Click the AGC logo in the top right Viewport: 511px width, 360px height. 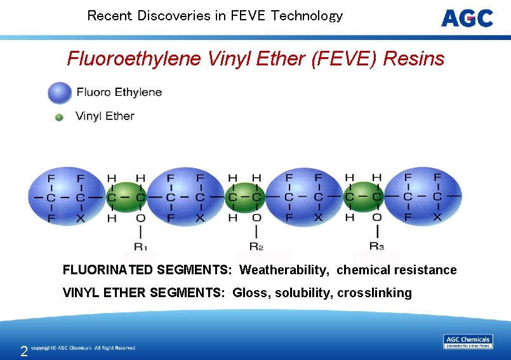467,18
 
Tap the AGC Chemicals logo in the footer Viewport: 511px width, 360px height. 468,342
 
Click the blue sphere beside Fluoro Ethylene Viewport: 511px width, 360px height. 60,93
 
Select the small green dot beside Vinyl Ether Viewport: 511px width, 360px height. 59,117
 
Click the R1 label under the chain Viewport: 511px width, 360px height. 140,246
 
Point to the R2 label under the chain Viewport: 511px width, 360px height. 256,246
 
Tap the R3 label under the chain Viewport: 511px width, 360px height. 376,246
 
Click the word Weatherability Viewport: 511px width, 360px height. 284,270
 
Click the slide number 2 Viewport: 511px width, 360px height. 23,351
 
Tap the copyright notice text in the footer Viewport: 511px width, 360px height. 83,348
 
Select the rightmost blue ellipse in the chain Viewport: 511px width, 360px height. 423,197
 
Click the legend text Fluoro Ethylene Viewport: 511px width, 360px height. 119,93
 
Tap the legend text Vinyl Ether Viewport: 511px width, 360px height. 105,116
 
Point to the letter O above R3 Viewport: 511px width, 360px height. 376,218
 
